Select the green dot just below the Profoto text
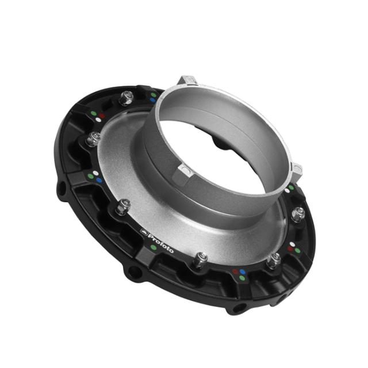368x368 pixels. (152, 248)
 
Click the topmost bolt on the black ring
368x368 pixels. (126, 99)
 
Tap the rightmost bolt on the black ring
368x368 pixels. (297, 215)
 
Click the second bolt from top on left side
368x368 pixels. (93, 139)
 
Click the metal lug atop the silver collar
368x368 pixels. (187, 80)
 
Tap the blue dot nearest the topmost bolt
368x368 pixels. (152, 99)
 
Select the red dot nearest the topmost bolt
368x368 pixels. (102, 116)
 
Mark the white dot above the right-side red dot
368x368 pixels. (293, 245)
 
